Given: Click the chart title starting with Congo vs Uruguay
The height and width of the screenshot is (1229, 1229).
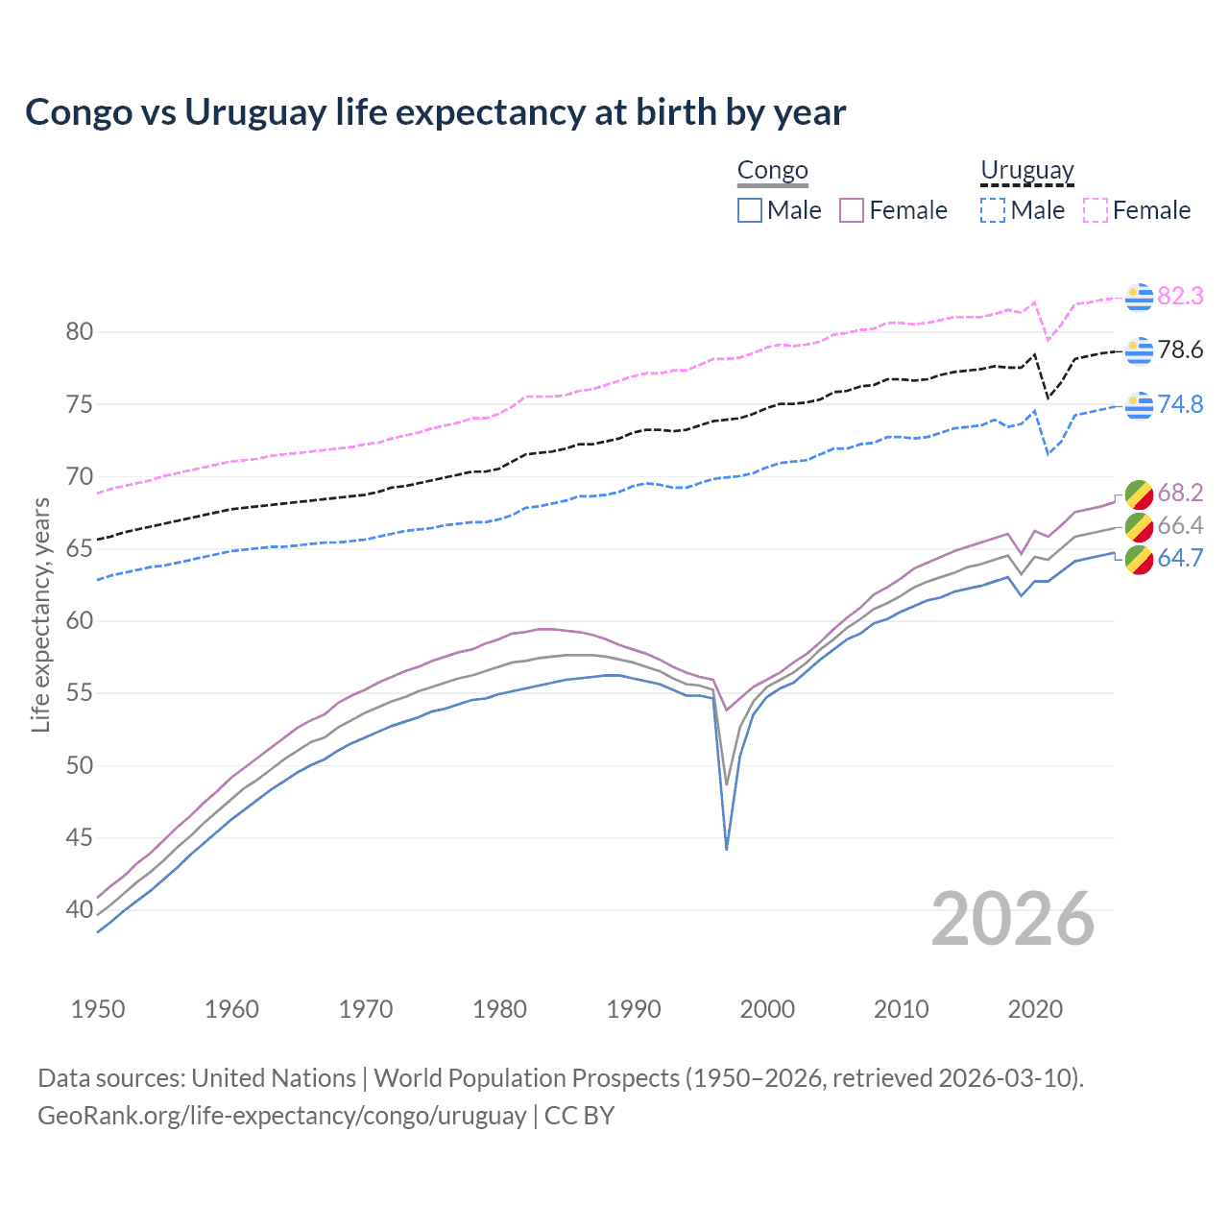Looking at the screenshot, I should (x=435, y=112).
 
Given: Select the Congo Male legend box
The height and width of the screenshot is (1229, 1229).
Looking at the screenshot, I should (x=750, y=210).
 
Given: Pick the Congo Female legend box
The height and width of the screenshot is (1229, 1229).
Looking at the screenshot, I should (x=852, y=210).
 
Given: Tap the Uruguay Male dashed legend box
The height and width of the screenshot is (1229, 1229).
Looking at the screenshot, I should (x=993, y=210).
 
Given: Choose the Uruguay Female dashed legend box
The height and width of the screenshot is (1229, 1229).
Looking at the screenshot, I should (x=1095, y=210).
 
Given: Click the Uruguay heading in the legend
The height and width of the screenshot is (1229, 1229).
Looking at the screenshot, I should (x=1026, y=171).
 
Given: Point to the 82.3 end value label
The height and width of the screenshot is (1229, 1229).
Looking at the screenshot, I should (x=1180, y=296).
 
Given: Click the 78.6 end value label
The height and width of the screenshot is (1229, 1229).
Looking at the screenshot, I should (x=1180, y=349).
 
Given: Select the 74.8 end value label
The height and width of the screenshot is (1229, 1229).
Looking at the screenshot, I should (x=1180, y=404).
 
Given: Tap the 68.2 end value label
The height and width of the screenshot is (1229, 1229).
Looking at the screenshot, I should (x=1180, y=493).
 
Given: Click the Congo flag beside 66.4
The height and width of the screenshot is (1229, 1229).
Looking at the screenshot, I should (x=1139, y=526).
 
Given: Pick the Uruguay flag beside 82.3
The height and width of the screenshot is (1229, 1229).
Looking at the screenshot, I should (x=1139, y=297).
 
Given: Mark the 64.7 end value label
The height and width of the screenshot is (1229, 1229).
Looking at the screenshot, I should (x=1180, y=558).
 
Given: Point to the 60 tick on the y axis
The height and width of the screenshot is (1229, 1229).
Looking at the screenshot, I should (x=80, y=621).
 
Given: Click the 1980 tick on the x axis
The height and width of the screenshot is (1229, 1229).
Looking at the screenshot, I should (x=499, y=1009).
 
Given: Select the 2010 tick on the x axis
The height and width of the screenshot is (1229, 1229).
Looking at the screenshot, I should (x=901, y=1009).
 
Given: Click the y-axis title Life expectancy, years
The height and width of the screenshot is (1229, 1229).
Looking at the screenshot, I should (x=41, y=614).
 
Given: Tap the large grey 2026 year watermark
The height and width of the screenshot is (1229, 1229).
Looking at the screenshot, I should (x=1012, y=919).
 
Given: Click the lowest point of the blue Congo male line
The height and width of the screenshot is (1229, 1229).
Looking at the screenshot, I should (x=727, y=849).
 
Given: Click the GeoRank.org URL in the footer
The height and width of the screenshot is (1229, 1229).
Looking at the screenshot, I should (x=281, y=1116).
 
